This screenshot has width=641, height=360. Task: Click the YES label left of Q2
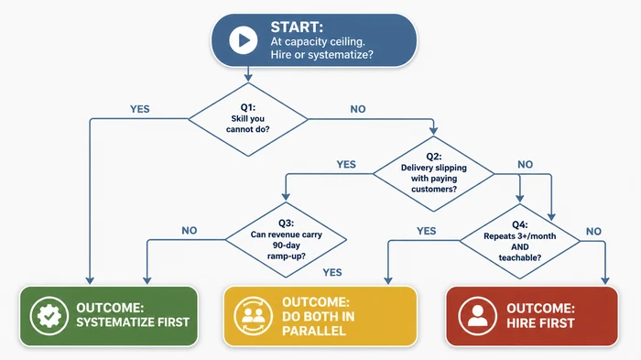tap(346, 165)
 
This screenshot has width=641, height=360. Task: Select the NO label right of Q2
tap(525, 165)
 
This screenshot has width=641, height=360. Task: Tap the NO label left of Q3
tap(190, 231)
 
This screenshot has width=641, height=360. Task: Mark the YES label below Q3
tap(332, 272)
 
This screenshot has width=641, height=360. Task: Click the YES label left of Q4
tap(427, 231)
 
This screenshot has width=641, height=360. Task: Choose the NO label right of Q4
tap(593, 231)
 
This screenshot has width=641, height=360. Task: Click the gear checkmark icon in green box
tap(45, 316)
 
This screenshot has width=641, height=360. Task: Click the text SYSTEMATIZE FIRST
tap(134, 322)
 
